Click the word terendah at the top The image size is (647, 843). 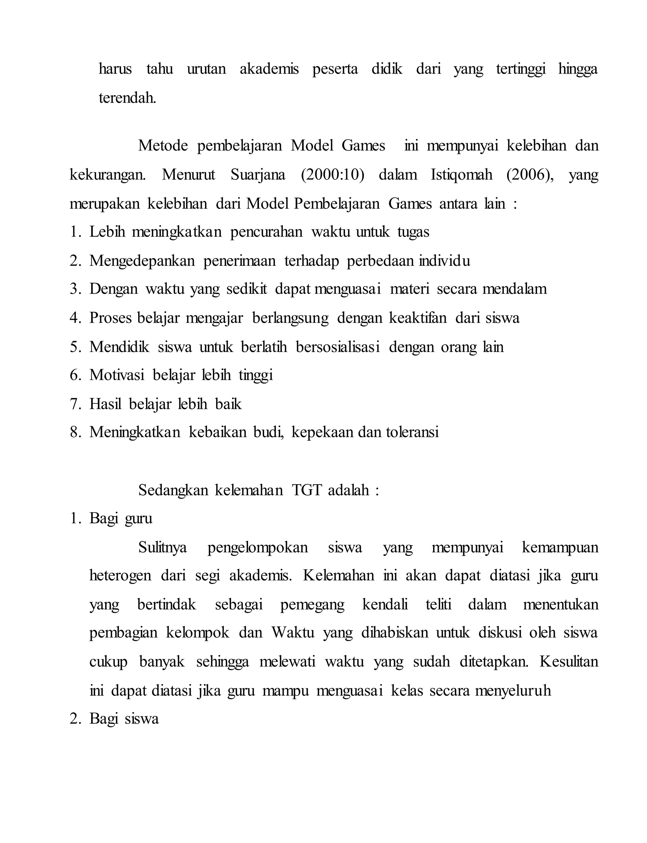click(x=128, y=98)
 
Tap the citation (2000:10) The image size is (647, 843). click(x=332, y=174)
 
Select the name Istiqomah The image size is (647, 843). click(x=461, y=174)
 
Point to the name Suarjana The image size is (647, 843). click(x=258, y=174)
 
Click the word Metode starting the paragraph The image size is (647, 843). click(x=163, y=146)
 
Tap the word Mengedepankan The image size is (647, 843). click(x=142, y=261)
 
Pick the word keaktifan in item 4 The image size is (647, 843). click(x=418, y=318)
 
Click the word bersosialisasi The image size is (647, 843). click(x=338, y=347)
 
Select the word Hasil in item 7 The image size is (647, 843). click(x=105, y=404)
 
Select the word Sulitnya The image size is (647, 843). click(x=162, y=547)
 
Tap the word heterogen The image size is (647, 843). click(x=120, y=576)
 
